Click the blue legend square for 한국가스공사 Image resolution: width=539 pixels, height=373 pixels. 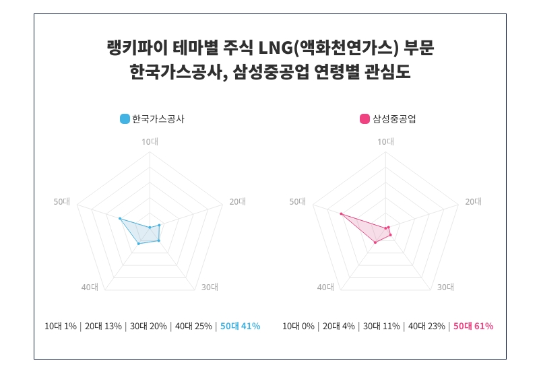point(125,119)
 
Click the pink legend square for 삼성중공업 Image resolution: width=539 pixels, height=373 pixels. point(364,119)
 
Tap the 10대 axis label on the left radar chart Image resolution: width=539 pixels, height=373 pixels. point(150,141)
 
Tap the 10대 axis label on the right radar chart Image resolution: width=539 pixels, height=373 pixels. point(385,141)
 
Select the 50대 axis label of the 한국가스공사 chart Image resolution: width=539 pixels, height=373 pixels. point(62,202)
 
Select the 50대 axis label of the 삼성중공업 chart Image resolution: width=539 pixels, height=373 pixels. point(298,202)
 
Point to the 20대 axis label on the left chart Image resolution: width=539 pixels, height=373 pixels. point(238,202)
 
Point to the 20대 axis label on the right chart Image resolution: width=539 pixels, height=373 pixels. point(474,202)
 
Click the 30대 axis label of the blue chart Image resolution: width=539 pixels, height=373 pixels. point(210,287)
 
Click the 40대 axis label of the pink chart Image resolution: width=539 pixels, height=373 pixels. point(325,287)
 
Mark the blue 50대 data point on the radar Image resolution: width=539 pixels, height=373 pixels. point(119,219)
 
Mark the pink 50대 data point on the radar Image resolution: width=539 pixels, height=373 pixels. point(341,214)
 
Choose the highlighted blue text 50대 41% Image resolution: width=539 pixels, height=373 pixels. point(240,327)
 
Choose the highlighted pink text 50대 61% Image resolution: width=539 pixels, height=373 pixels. point(473,327)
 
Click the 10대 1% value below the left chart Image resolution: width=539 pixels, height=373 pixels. point(61,327)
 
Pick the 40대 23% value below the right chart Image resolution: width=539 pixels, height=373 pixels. point(426,327)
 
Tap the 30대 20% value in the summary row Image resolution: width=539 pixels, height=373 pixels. point(149,327)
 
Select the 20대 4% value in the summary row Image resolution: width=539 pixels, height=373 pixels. point(339,327)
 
